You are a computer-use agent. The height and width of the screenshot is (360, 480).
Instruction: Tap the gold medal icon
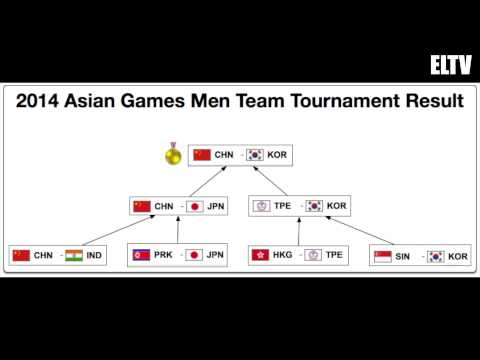pyautogui.click(x=173, y=155)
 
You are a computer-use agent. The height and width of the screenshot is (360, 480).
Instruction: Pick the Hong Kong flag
pyautogui.click(x=262, y=256)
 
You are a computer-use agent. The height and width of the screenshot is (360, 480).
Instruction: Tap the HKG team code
pyautogui.click(x=284, y=256)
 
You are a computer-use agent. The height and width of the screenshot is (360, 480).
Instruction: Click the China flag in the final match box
pyautogui.click(x=202, y=155)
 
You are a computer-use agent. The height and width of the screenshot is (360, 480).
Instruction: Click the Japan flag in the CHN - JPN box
pyautogui.click(x=196, y=206)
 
